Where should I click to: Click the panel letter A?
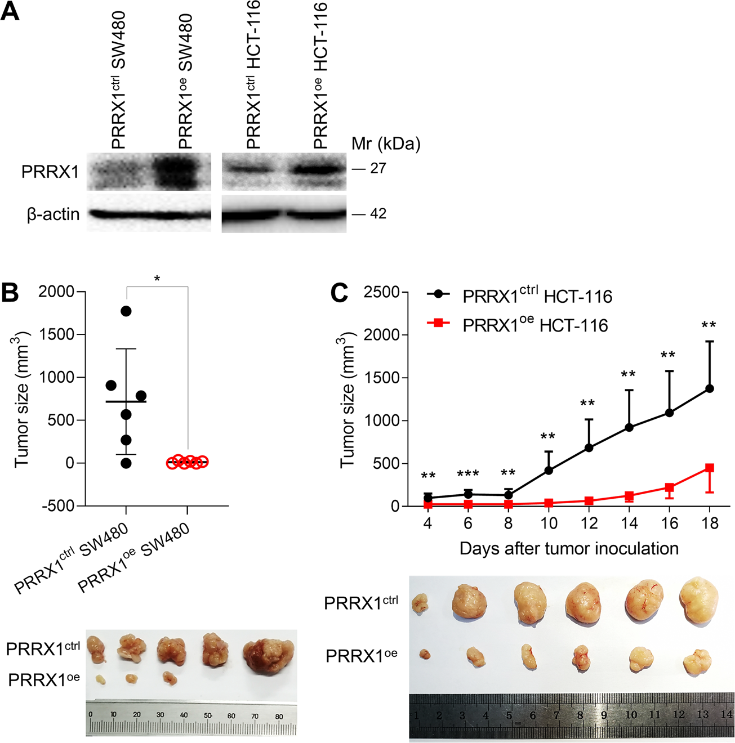pyautogui.click(x=10, y=11)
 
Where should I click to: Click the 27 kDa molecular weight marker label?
pyautogui.click(x=378, y=168)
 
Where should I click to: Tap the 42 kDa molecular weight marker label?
pyautogui.click(x=378, y=214)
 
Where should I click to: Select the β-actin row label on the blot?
pyautogui.click(x=54, y=214)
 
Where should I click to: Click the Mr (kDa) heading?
pyautogui.click(x=386, y=144)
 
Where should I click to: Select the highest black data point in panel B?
pyautogui.click(x=126, y=311)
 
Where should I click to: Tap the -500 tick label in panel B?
pyautogui.click(x=58, y=505)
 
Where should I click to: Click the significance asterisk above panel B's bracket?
pyautogui.click(x=157, y=279)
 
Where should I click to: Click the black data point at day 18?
pyautogui.click(x=710, y=388)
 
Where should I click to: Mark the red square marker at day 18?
pyautogui.click(x=710, y=468)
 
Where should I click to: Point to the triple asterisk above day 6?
pyautogui.click(x=468, y=475)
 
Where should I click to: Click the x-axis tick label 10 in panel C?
pyautogui.click(x=549, y=523)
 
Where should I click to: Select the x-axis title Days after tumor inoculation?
pyautogui.click(x=569, y=548)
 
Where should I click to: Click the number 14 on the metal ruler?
pyautogui.click(x=726, y=714)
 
